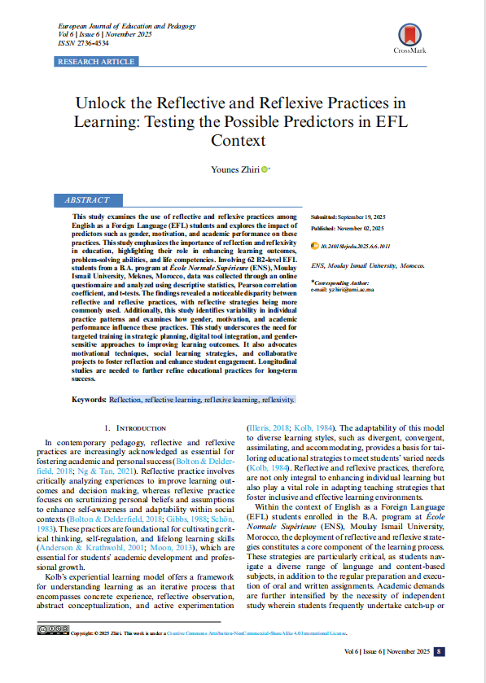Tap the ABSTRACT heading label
coord(86,199)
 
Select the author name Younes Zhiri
coord(236,169)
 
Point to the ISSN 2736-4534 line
coord(83,43)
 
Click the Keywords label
coord(89,401)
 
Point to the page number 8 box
coord(439,651)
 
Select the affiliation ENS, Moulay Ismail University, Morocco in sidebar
coord(368,266)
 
